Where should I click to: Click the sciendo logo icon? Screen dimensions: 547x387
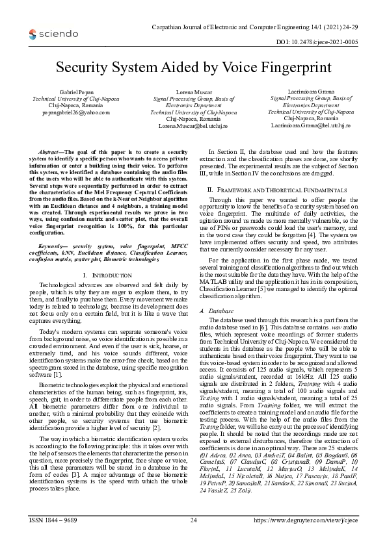click(19, 32)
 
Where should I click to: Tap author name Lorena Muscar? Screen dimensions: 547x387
click(193, 95)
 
